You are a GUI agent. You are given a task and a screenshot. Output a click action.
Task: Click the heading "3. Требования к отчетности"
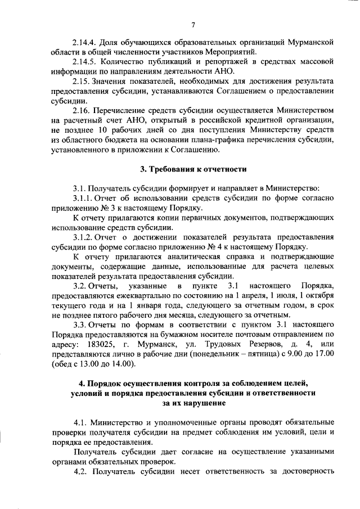[x=192, y=169]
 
